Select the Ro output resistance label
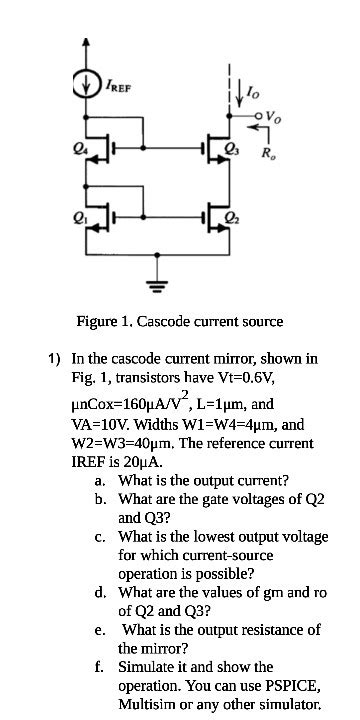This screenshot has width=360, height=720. tap(267, 153)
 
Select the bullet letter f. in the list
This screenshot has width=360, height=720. tap(101, 666)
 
